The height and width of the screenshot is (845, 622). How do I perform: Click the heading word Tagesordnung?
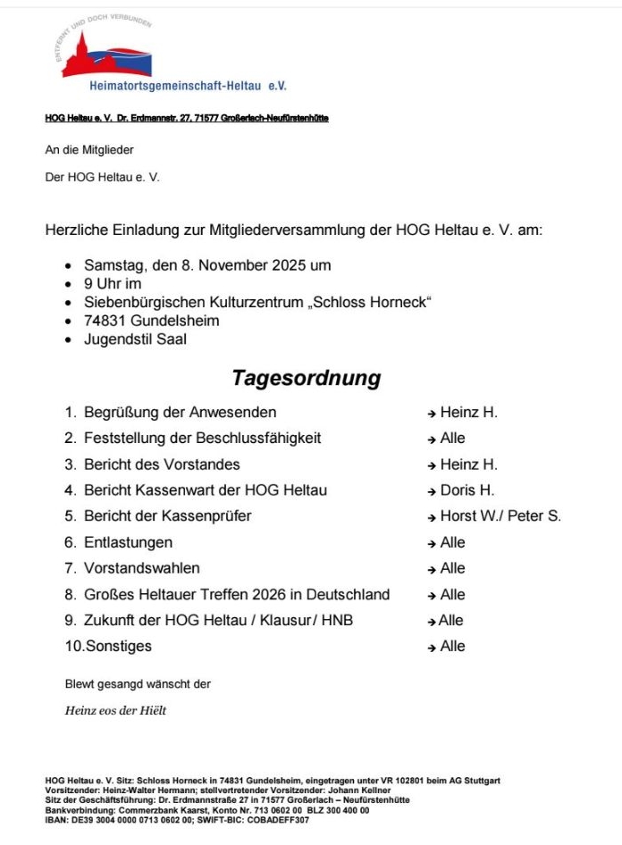(306, 378)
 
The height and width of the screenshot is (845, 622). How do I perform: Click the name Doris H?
(467, 490)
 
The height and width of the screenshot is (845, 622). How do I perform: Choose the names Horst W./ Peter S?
(500, 516)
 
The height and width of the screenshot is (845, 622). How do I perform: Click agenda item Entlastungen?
(128, 542)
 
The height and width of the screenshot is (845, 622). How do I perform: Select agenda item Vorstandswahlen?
(141, 568)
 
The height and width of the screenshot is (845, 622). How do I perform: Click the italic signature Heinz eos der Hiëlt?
(115, 711)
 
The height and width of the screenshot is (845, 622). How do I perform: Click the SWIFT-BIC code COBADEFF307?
(278, 820)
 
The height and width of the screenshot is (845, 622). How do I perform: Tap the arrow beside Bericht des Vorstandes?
(432, 465)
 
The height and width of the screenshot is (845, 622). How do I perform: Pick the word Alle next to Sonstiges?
(452, 646)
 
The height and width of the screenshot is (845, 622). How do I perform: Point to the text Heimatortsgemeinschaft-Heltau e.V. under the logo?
(188, 86)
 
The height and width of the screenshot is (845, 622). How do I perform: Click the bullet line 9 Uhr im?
(113, 284)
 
